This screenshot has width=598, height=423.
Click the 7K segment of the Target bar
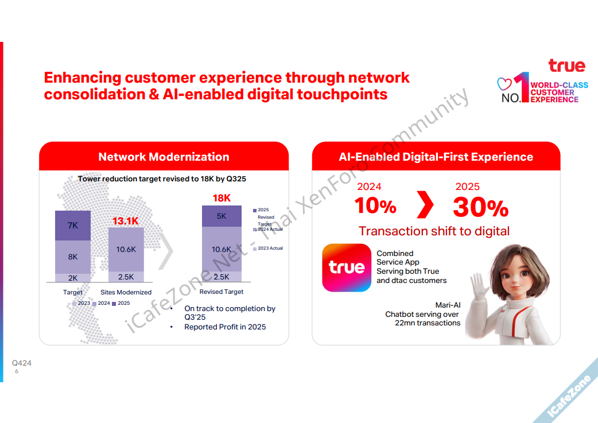pyautogui.click(x=73, y=226)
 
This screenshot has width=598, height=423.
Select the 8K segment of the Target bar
pyautogui.click(x=73, y=257)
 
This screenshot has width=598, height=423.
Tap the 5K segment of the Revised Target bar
pyautogui.click(x=222, y=216)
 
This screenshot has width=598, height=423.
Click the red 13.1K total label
pyautogui.click(x=126, y=221)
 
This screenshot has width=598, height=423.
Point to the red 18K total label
pyautogui.click(x=222, y=198)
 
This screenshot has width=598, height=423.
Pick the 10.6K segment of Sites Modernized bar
pyautogui.click(x=126, y=250)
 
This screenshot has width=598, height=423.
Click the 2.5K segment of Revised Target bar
pyautogui.click(x=222, y=277)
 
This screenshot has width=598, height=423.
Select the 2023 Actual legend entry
pyautogui.click(x=268, y=249)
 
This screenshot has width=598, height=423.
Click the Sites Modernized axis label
pyautogui.click(x=126, y=292)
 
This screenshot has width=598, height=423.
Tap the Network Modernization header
pyautogui.click(x=164, y=157)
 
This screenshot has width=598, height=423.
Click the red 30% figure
pyautogui.click(x=480, y=208)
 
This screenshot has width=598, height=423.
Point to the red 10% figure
pyautogui.click(x=375, y=205)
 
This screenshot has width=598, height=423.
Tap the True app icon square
pyautogui.click(x=347, y=268)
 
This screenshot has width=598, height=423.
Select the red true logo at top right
pyautogui.click(x=567, y=65)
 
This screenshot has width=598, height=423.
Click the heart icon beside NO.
pyautogui.click(x=504, y=84)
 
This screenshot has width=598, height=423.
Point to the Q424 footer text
pyautogui.click(x=22, y=363)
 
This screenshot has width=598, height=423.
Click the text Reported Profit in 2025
pyautogui.click(x=225, y=327)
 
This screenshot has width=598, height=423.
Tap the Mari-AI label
pyautogui.click(x=448, y=305)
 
